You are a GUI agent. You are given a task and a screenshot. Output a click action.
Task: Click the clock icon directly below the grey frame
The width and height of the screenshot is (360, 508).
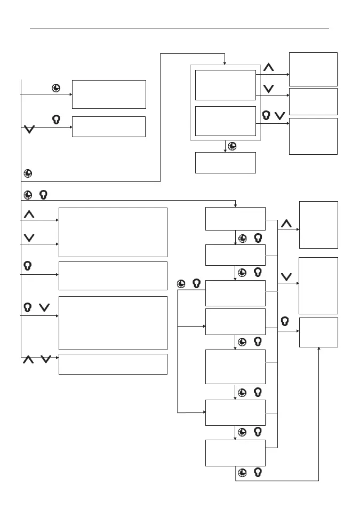point(233,146)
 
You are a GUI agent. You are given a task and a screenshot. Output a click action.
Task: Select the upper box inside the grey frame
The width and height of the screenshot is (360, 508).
point(225,85)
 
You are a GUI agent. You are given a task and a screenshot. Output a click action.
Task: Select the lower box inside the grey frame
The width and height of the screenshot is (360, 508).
point(225,121)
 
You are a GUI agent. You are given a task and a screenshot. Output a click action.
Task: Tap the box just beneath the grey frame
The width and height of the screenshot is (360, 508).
point(225,163)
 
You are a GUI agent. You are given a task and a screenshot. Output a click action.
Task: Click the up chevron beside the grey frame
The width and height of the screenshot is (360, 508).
point(269,68)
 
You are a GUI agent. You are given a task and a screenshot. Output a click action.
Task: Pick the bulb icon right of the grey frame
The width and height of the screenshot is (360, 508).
point(266,115)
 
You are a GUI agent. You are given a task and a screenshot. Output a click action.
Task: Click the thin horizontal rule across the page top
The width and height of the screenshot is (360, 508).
point(179,28)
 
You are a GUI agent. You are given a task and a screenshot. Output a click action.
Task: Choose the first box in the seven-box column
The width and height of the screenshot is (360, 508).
point(235,219)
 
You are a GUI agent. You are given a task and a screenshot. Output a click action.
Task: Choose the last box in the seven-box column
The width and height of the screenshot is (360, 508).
point(235,453)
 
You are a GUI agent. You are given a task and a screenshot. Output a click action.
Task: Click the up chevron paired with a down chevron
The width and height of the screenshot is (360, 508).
point(28,360)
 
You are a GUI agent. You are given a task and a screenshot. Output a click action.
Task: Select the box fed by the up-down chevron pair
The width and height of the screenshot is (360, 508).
point(113,364)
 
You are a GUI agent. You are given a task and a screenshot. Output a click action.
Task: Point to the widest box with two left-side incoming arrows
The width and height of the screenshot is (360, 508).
point(113,232)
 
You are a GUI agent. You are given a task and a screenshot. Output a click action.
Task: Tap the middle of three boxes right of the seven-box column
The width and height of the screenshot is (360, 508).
point(318,285)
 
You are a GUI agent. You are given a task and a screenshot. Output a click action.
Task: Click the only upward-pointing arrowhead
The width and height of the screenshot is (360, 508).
point(318,350)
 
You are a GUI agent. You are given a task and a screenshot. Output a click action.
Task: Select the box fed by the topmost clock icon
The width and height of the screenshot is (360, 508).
point(108,94)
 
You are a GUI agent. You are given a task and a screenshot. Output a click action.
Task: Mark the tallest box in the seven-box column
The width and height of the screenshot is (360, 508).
point(235,367)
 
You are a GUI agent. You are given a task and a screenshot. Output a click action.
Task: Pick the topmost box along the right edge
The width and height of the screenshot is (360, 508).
point(313,69)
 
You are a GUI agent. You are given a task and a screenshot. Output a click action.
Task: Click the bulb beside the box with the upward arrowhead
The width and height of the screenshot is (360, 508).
point(285,321)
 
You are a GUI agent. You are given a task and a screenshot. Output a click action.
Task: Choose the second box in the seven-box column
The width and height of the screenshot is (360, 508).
point(235,255)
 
